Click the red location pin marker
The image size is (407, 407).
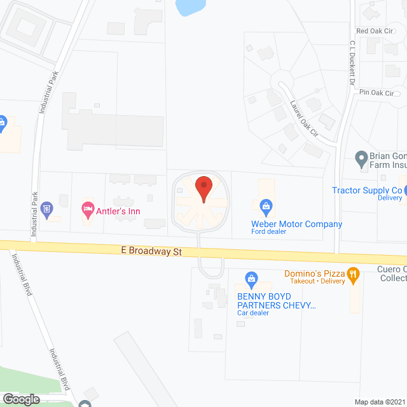[203, 188]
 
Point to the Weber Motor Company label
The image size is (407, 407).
[296, 224]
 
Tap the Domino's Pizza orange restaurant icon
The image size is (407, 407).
[354, 274]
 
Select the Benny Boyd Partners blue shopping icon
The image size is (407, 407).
[252, 279]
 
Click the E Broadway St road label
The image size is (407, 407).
[151, 252]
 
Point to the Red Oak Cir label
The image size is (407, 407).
[372, 31]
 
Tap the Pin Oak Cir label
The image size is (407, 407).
[376, 93]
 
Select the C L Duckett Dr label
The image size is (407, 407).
[351, 64]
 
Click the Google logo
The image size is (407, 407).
[21, 399]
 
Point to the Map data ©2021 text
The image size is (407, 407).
[378, 402]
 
